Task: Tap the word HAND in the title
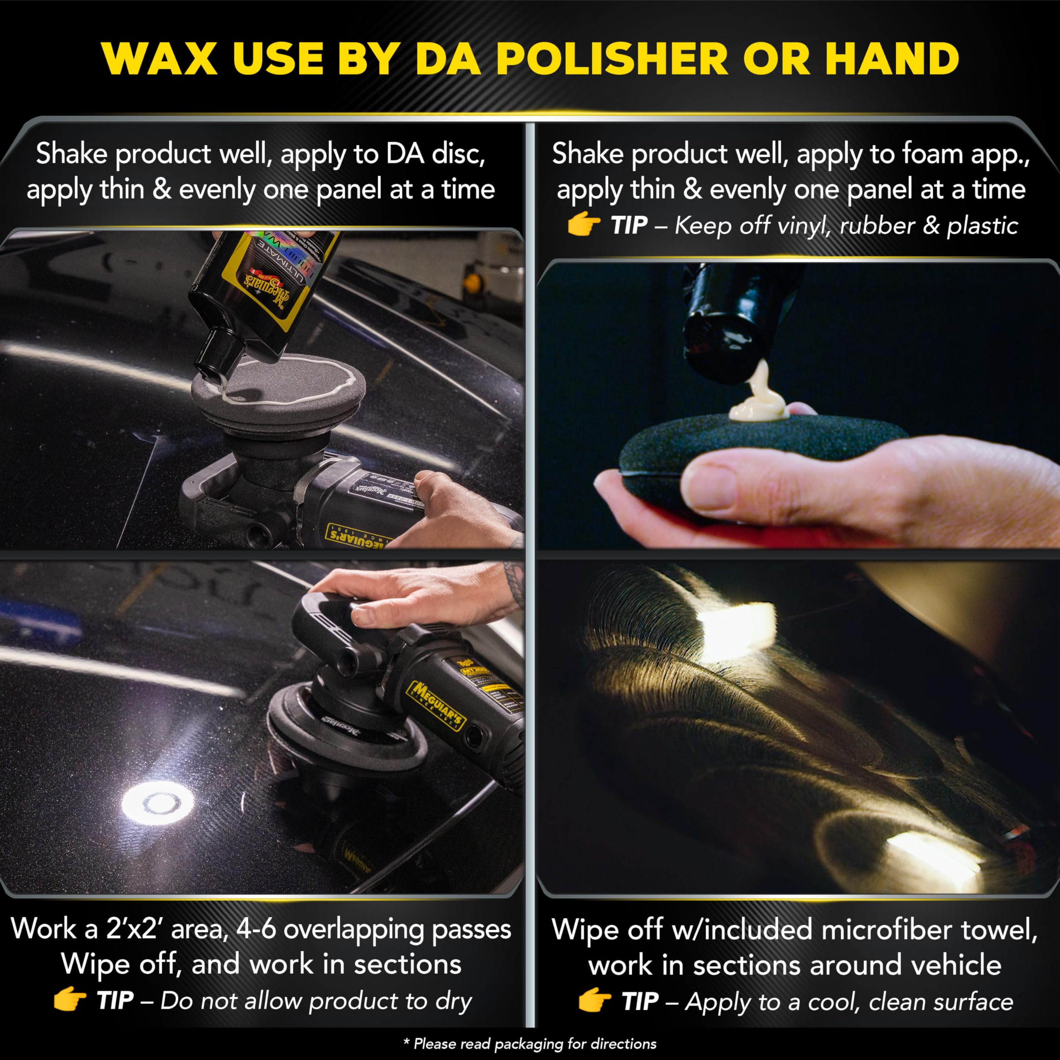click(892, 59)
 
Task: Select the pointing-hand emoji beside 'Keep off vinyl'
click(583, 224)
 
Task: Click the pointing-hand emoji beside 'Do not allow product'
click(70, 1000)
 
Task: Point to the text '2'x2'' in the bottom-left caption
click(135, 929)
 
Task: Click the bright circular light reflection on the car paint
click(157, 803)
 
